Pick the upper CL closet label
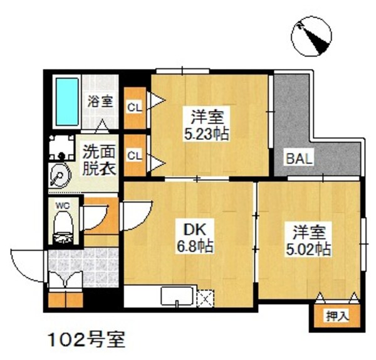(134, 107)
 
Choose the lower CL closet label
(134, 154)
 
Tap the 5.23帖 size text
(206, 133)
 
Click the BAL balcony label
(299, 159)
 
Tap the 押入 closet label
(337, 316)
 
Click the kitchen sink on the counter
(178, 295)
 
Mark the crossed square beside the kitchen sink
(206, 297)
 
